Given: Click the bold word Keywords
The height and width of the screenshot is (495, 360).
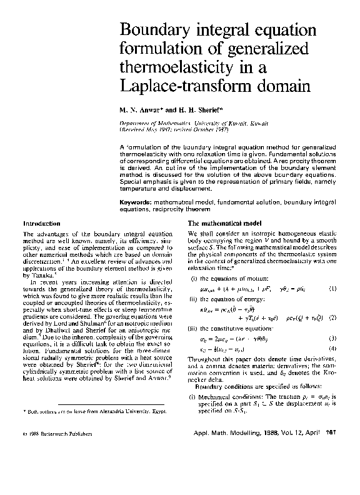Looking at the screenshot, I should (136, 204).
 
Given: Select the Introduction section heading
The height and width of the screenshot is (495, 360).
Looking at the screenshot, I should (41, 223).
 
